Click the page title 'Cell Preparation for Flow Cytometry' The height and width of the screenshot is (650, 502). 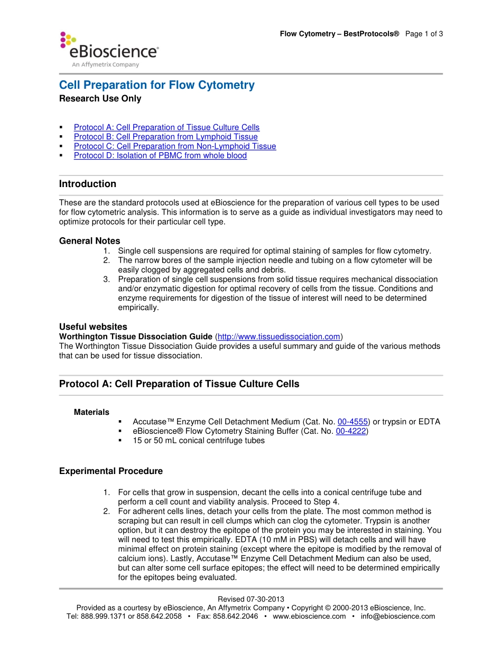pyautogui.click(x=156, y=85)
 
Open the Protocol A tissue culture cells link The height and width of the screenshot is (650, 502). pyautogui.click(x=166, y=127)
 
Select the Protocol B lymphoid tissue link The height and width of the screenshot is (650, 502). pyautogui.click(x=165, y=137)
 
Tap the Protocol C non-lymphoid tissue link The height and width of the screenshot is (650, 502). pyautogui.click(x=174, y=146)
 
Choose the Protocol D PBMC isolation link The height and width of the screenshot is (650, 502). pyautogui.click(x=160, y=156)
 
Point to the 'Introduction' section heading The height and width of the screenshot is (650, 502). pyautogui.click(x=88, y=184)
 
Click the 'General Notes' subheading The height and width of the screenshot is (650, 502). pyautogui.click(x=89, y=241)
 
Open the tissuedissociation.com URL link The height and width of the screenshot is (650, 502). pyautogui.click(x=278, y=337)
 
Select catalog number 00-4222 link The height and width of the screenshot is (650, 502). pyautogui.click(x=351, y=431)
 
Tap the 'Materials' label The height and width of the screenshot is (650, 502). pyautogui.click(x=91, y=412)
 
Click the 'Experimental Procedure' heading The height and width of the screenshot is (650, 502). pyautogui.click(x=111, y=471)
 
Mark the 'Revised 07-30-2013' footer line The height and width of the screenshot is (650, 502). pyautogui.click(x=251, y=599)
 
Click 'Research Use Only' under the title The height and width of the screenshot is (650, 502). pyautogui.click(x=100, y=99)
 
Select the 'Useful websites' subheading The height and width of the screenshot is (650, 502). pyautogui.click(x=93, y=327)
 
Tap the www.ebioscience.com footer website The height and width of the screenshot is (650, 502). pyautogui.click(x=309, y=616)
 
